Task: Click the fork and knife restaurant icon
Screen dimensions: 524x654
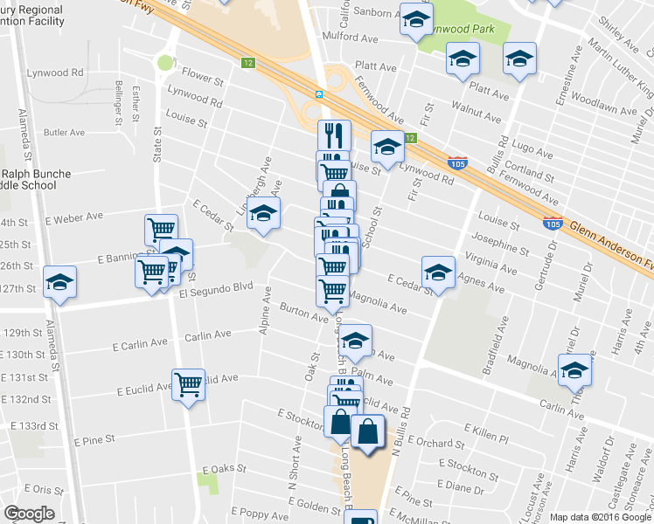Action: tap(334, 134)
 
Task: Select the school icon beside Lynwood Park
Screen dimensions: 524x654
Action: tap(416, 17)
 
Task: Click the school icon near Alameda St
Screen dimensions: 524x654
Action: tap(60, 281)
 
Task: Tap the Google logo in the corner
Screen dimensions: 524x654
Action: tap(29, 514)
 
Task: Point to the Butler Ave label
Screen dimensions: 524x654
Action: tap(64, 133)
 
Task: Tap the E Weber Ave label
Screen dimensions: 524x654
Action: tap(75, 216)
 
